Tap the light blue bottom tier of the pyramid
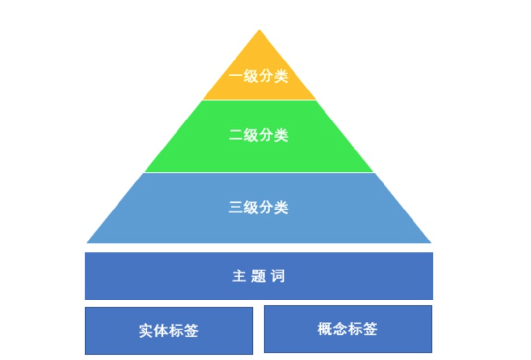259,226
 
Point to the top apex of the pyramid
259,30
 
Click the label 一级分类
259,76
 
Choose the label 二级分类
259,135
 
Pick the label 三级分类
259,208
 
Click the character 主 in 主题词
238,276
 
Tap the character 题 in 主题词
258,276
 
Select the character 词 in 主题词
278,276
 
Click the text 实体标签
169,330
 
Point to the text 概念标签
348,329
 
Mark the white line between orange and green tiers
259,100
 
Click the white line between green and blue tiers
259,172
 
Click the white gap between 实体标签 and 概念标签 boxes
259,330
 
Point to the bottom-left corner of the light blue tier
87,242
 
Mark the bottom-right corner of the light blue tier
431,242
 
